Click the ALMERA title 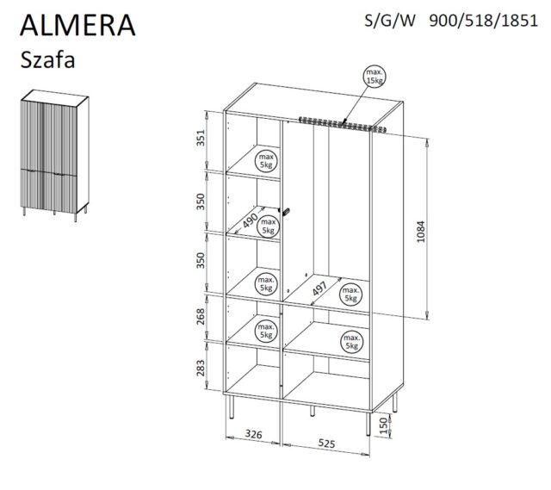coord(78,23)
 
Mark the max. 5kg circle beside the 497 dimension coord(350,294)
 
